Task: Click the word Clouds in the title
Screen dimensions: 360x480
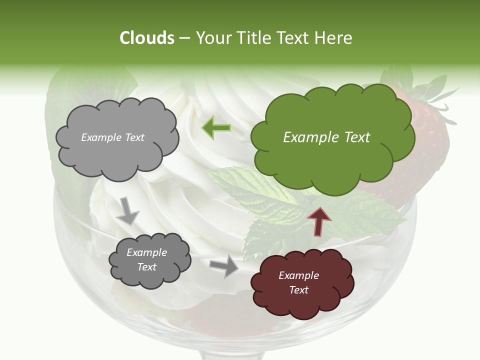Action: click(x=147, y=38)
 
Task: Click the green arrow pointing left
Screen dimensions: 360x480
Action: click(x=216, y=128)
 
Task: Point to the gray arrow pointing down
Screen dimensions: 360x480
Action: click(x=127, y=210)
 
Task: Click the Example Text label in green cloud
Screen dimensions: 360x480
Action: click(x=326, y=137)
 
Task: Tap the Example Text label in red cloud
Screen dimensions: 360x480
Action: click(x=298, y=282)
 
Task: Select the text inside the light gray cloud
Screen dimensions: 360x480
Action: click(x=113, y=137)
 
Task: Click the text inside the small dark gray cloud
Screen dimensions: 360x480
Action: click(x=146, y=259)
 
